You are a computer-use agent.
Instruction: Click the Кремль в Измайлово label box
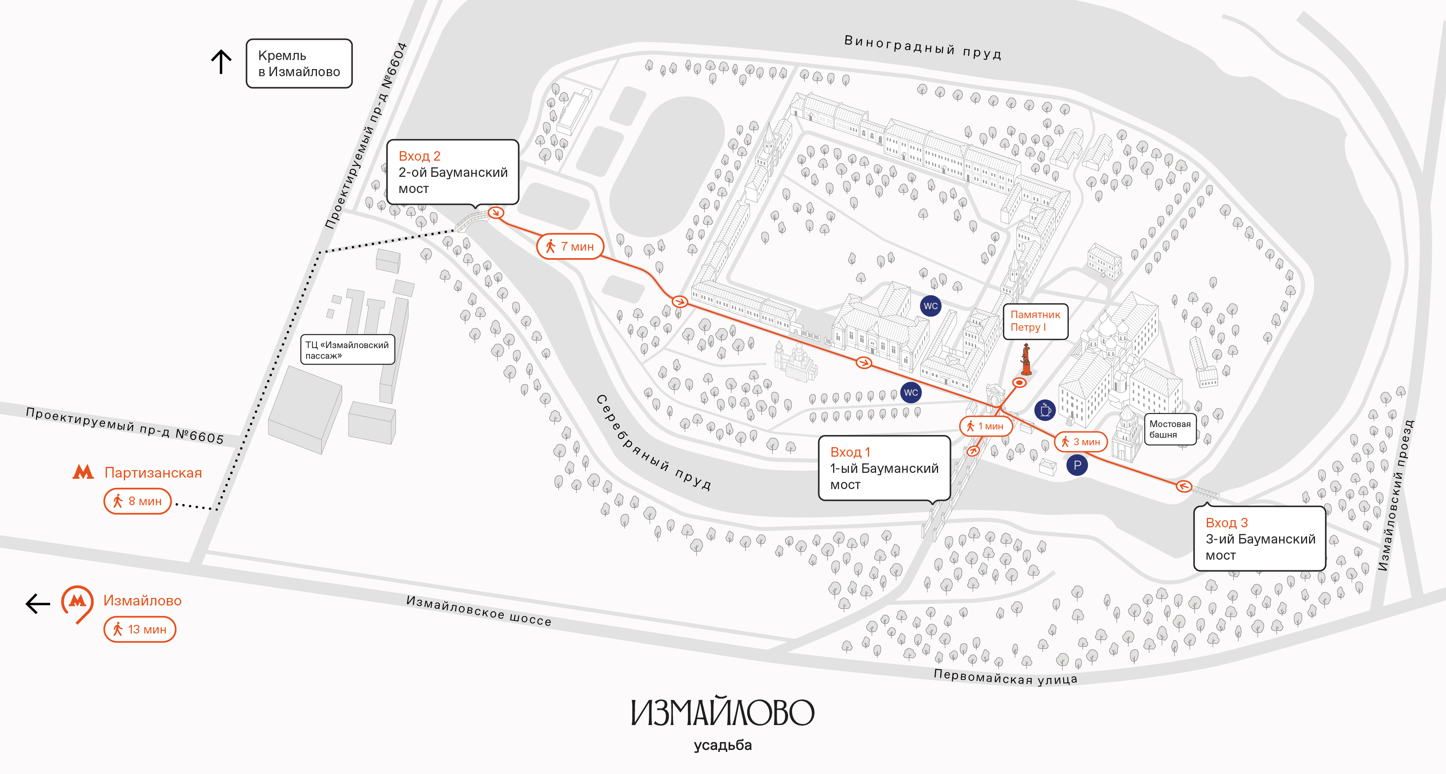[299, 64]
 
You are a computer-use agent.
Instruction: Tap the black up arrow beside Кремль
[221, 62]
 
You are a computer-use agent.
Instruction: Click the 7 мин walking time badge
[570, 246]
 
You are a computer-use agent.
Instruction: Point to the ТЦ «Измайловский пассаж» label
[347, 350]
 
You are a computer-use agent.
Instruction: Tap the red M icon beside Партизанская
[83, 472]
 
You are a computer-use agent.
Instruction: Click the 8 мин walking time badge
[137, 501]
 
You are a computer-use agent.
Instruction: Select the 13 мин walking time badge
[140, 629]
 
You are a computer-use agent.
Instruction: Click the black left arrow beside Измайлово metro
[37, 604]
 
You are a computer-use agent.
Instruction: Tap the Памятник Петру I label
[1035, 321]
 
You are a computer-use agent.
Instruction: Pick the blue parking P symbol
[1077, 465]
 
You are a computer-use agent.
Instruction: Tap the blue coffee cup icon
[1045, 410]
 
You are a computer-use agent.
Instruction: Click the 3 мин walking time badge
[1081, 442]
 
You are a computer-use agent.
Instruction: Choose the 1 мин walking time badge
[986, 426]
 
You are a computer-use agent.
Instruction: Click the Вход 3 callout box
[1260, 539]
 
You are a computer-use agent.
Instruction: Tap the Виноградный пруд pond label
[923, 47]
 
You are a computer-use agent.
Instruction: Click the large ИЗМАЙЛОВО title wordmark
[723, 712]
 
